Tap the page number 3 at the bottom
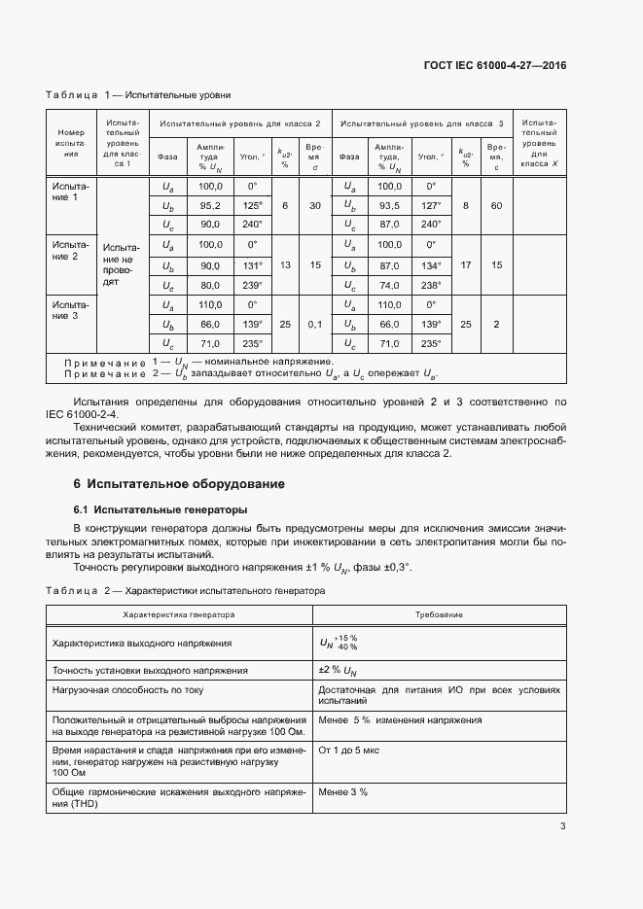pos(563,826)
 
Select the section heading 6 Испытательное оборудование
pos(179,483)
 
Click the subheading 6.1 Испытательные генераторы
pos(161,509)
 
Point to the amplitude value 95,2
pos(210,206)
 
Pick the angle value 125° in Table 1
pos(253,206)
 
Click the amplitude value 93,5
pos(389,206)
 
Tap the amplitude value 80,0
pos(210,286)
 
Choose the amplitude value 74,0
pos(389,286)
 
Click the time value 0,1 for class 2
pos(315,324)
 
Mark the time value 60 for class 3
pos(496,206)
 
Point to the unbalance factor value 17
pos(466,265)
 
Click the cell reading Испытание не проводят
pos(122,264)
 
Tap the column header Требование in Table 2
pos(439,614)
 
